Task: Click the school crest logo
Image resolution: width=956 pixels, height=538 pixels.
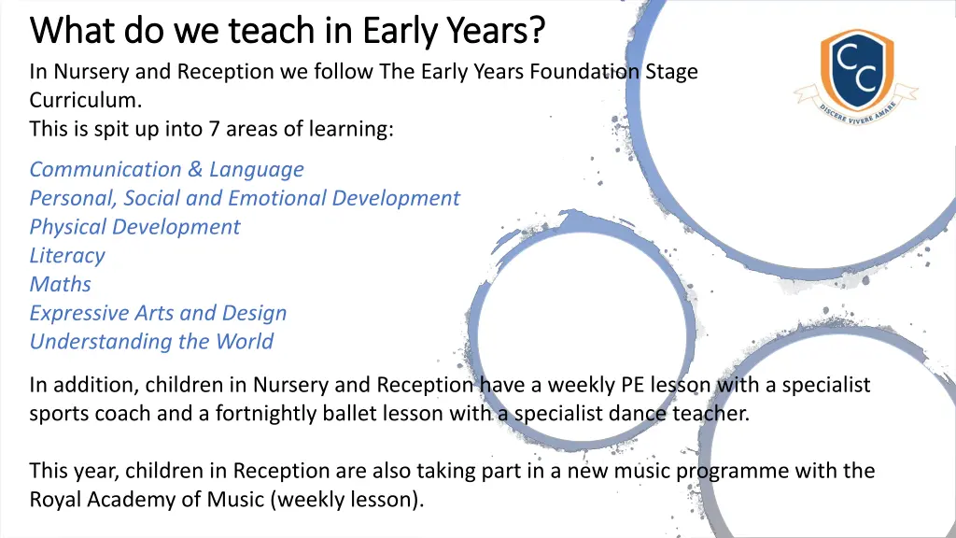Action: (856, 70)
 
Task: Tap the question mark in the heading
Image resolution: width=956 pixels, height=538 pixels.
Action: (535, 31)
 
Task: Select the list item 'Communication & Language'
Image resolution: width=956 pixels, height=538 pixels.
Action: (166, 169)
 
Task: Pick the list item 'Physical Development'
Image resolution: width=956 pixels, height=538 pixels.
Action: (134, 227)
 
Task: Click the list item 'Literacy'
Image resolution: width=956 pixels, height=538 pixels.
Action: (67, 256)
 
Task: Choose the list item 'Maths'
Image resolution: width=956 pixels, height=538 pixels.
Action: (61, 284)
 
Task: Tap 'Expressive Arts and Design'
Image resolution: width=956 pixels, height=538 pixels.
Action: (158, 313)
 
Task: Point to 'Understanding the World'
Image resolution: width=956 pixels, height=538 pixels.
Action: (151, 342)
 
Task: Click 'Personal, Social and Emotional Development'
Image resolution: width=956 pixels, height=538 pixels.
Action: (245, 198)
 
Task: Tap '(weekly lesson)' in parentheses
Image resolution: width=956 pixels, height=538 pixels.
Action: (346, 500)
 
